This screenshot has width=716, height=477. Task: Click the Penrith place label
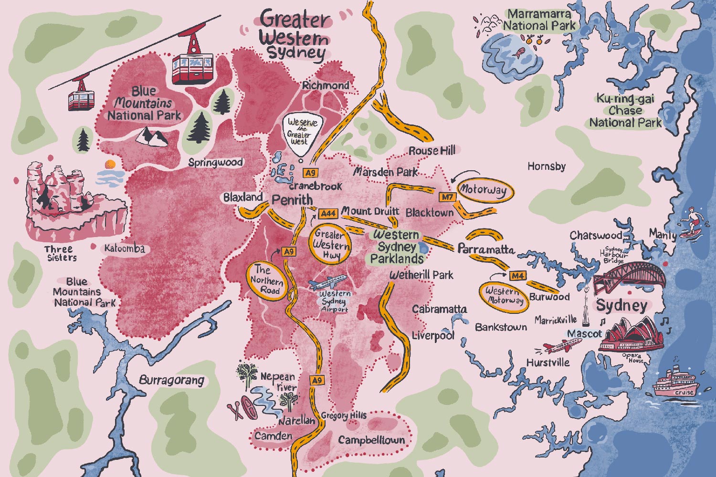click(x=292, y=200)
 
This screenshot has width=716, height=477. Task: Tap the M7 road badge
click(x=447, y=197)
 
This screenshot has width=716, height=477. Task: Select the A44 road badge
click(x=328, y=214)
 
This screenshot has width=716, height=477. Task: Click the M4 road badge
click(x=517, y=276)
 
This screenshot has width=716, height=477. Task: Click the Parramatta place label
click(x=486, y=249)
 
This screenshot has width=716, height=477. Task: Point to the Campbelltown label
click(x=371, y=440)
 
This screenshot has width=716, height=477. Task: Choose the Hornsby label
click(x=547, y=166)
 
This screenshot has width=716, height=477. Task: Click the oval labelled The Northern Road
click(x=267, y=280)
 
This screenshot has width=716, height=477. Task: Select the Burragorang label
click(x=171, y=380)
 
